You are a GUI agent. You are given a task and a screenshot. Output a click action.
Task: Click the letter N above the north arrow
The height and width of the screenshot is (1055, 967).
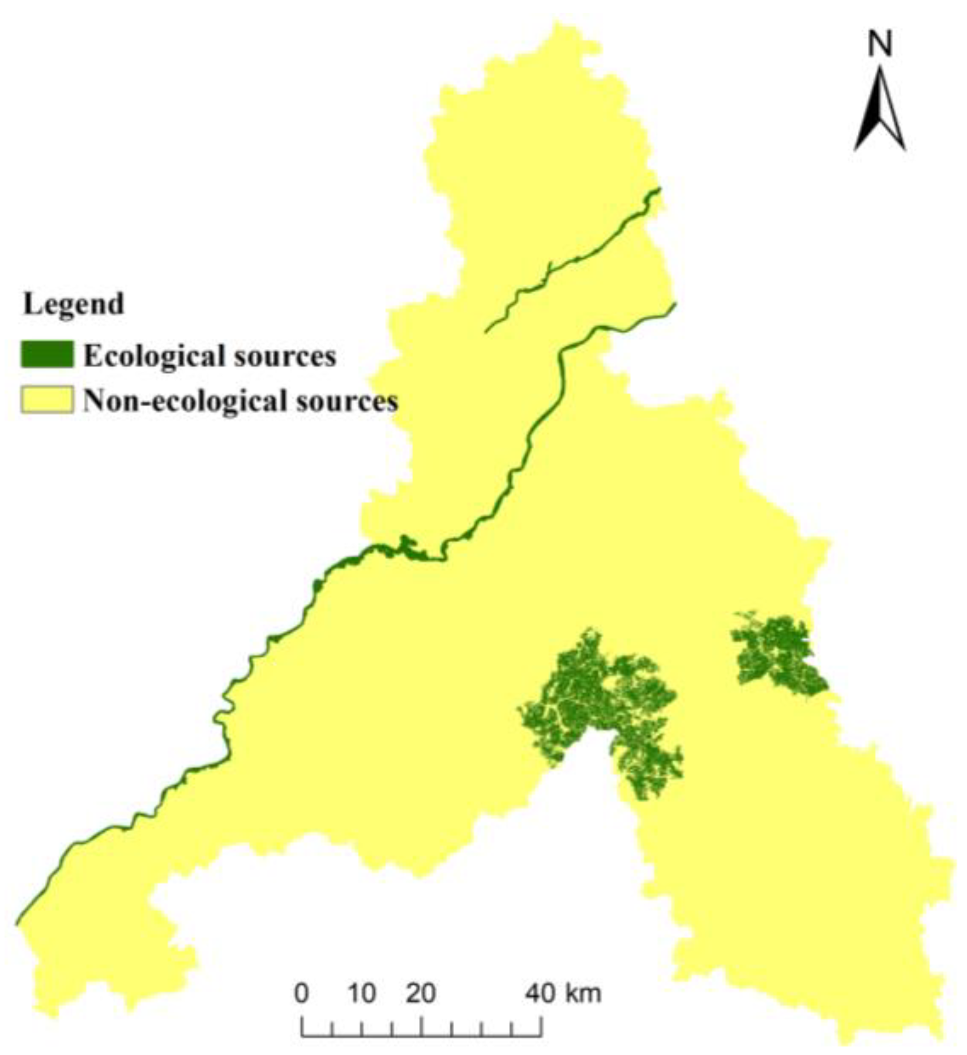(880, 44)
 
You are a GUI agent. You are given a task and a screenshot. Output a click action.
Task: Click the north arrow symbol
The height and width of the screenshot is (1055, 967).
(880, 110)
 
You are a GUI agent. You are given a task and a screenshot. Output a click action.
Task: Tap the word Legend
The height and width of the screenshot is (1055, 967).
(73, 304)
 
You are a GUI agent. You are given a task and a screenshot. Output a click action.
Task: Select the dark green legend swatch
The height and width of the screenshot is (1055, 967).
(47, 355)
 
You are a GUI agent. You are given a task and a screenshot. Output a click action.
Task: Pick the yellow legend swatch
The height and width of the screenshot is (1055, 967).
(47, 400)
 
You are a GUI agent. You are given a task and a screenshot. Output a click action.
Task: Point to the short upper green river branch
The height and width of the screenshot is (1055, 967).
(572, 260)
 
